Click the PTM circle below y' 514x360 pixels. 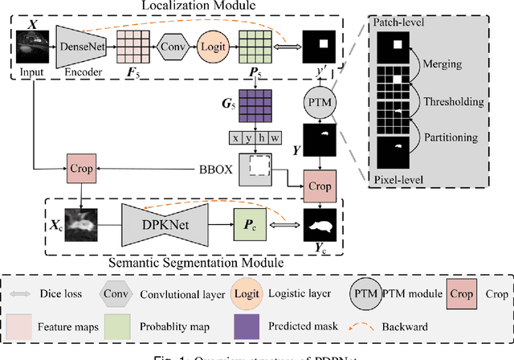coord(319,102)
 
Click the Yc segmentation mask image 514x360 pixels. coord(319,226)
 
